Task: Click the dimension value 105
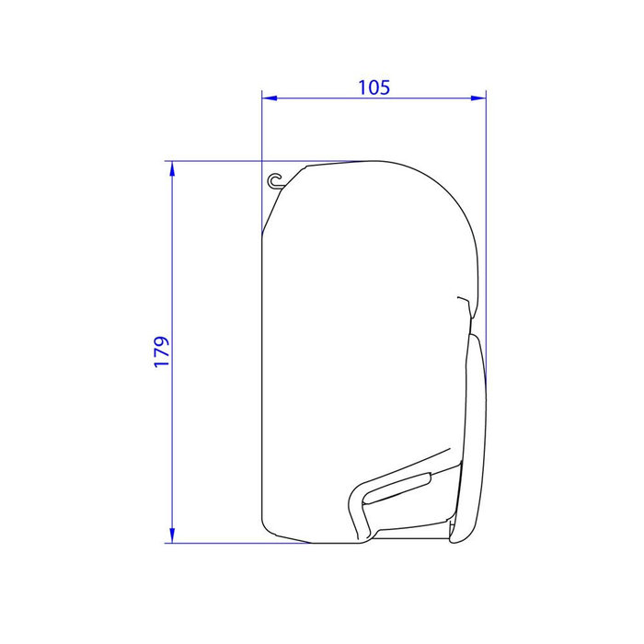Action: (x=374, y=87)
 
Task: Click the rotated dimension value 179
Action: (x=162, y=352)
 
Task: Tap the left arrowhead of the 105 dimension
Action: (x=269, y=96)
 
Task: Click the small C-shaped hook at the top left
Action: (x=274, y=180)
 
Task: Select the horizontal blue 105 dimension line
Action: (x=374, y=96)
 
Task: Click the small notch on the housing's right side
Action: (x=463, y=300)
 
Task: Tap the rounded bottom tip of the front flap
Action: (x=454, y=538)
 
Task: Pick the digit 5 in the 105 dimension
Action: (x=385, y=87)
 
